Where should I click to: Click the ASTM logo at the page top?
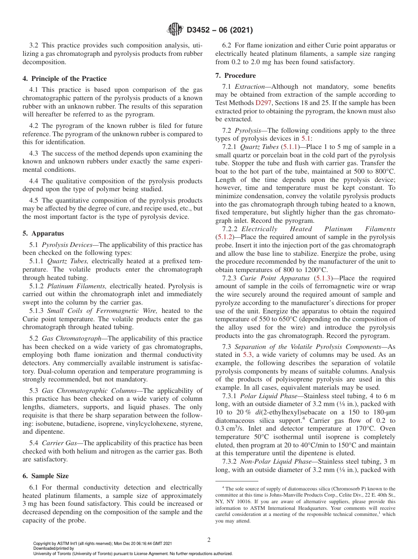tap(175, 30)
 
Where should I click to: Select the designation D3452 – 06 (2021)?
tap(220, 30)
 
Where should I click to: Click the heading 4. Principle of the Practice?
tap(64, 79)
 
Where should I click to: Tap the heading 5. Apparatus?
tap(43, 233)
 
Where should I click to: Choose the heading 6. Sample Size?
tap(46, 476)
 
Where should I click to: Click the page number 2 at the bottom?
tap(209, 540)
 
